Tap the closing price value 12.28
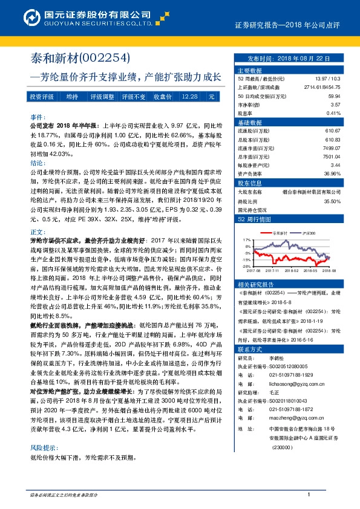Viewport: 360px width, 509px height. coord(189,96)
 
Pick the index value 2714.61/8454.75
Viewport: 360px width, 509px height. coord(322,88)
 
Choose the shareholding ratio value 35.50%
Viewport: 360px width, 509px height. coord(332,202)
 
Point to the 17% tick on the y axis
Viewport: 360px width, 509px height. coord(245,239)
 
